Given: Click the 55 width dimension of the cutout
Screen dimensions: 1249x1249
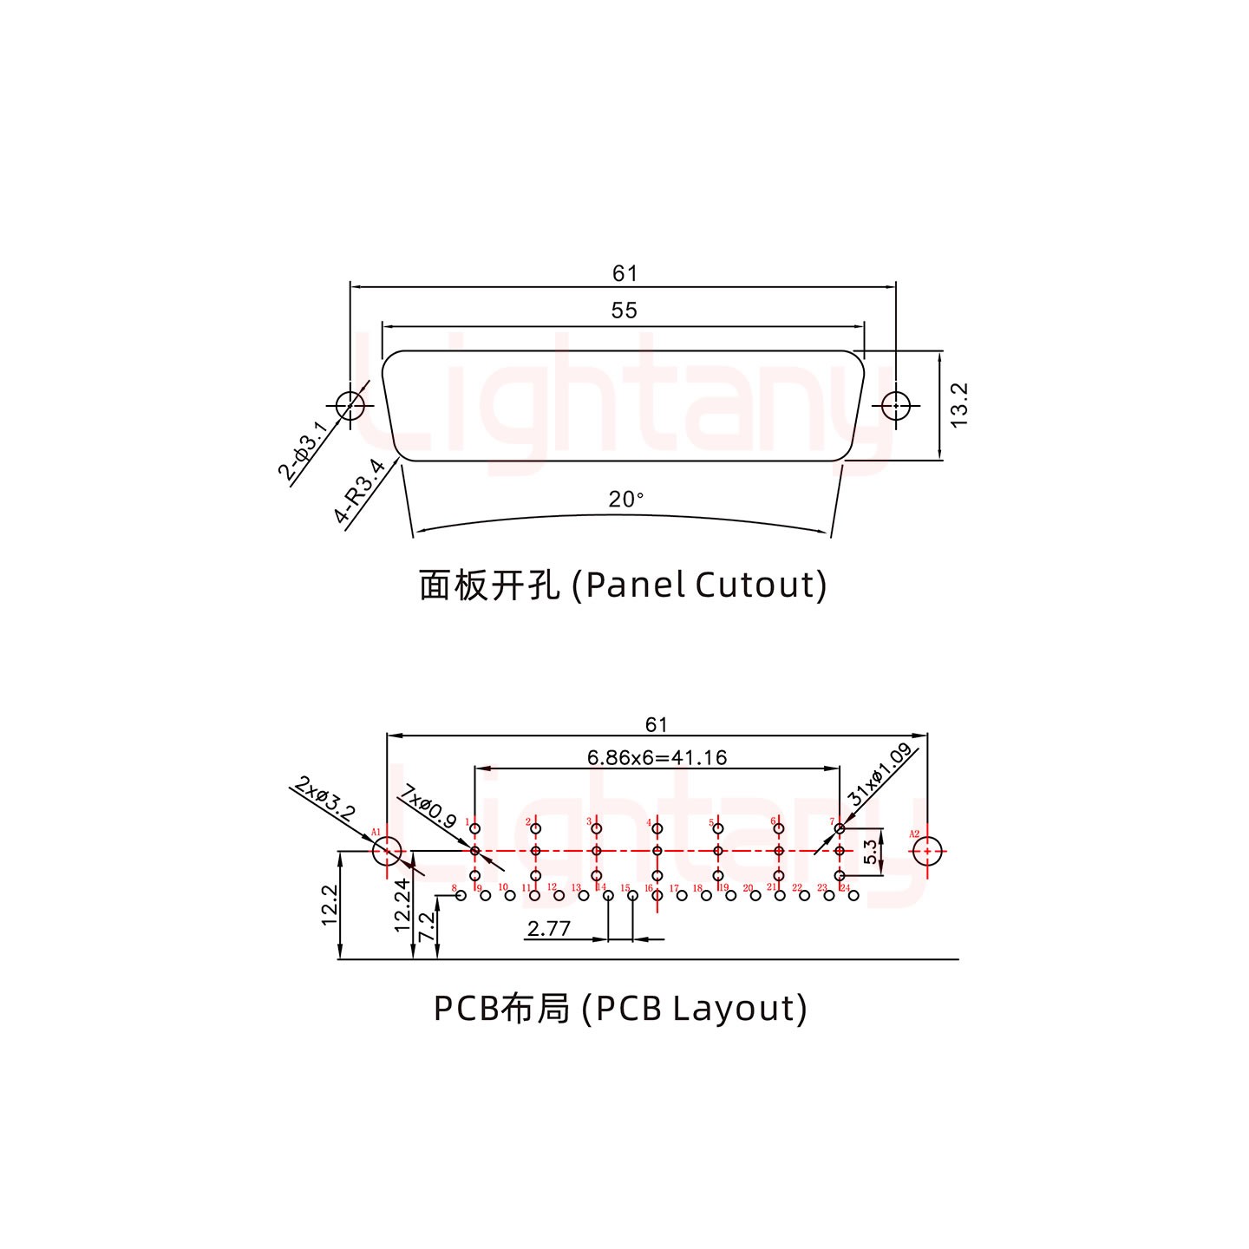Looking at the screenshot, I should (x=624, y=310).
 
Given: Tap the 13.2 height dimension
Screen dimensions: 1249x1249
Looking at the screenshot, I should (x=958, y=404).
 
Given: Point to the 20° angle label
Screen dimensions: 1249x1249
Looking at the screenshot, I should (x=625, y=500).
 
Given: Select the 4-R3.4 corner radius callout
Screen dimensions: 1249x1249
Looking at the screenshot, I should (x=360, y=493).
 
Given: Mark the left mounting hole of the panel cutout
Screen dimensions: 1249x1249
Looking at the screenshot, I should (x=350, y=404).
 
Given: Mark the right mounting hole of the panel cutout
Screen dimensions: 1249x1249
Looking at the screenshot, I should (x=895, y=404).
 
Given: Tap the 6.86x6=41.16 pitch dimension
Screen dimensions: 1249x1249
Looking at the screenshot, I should (x=657, y=757).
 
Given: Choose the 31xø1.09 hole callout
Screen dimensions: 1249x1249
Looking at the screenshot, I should (x=880, y=775).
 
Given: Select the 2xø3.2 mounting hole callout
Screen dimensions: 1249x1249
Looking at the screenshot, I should (x=324, y=800).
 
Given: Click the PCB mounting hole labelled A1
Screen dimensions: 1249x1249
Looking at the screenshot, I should (x=387, y=852).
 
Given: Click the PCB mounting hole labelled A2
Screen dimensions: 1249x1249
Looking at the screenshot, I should (x=928, y=852).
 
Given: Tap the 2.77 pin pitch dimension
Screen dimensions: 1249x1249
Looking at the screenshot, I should (x=549, y=929).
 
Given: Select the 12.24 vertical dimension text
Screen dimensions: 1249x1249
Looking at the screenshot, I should (x=402, y=905).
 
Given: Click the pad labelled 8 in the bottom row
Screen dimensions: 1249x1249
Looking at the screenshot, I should (x=461, y=895).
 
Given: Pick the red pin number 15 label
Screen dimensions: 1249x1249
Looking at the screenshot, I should (x=624, y=887).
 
